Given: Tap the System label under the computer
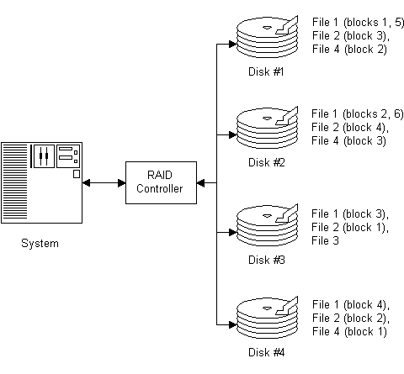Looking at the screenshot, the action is (x=40, y=243).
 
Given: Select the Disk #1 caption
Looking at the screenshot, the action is (x=266, y=71).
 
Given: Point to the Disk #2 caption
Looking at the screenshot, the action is (x=267, y=162).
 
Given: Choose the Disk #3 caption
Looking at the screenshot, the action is (x=267, y=260).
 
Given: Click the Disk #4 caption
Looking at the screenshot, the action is (x=267, y=352).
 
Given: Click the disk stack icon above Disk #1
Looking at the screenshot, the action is (x=267, y=37).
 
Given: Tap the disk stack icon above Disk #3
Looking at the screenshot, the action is (x=267, y=225).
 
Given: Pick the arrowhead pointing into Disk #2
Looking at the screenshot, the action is (x=233, y=134).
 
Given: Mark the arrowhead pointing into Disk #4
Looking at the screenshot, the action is (x=233, y=324).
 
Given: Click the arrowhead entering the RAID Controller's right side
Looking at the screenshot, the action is (x=200, y=183).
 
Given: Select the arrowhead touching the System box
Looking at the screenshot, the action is (x=86, y=183).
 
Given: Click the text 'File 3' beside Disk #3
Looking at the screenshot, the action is (x=325, y=240).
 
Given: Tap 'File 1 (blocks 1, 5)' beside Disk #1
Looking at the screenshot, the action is (x=358, y=23).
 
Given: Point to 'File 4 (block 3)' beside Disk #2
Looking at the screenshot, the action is (x=348, y=140).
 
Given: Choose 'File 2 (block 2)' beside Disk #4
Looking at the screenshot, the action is (x=351, y=318).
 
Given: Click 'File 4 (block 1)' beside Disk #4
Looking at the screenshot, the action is (x=349, y=331).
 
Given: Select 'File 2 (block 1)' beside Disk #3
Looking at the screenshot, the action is (x=350, y=227).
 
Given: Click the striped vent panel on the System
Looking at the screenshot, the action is (x=15, y=182).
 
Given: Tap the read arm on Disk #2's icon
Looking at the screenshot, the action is (x=288, y=117).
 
